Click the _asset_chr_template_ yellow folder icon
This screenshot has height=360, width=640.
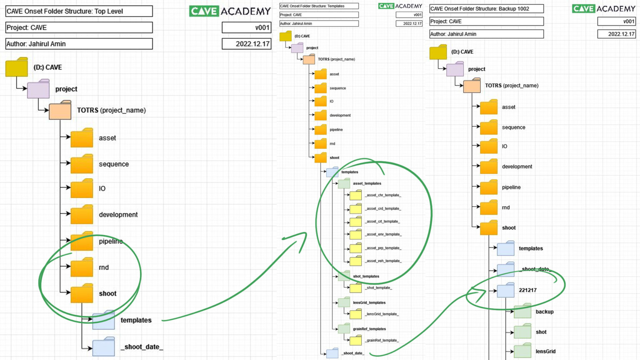click(x=355, y=195)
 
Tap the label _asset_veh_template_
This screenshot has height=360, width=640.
click(x=383, y=261)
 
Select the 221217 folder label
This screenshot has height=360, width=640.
click(x=527, y=290)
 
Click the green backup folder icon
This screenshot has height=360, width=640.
click(x=522, y=312)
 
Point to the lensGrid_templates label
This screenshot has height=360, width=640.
click(x=369, y=302)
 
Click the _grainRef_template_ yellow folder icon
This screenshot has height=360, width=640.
click(x=355, y=340)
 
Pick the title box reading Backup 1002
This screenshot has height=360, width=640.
click(x=486, y=9)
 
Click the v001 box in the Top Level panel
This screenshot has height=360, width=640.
click(x=246, y=27)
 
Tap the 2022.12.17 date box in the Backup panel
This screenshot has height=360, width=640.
click(x=616, y=34)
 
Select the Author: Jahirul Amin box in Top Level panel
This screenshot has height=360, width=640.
click(x=79, y=44)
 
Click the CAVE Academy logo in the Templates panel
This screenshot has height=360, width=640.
click(x=400, y=6)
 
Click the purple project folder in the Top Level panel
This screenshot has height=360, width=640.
click(x=38, y=89)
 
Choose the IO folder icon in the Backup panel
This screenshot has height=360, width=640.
click(x=489, y=147)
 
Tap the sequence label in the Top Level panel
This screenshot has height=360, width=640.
click(x=114, y=164)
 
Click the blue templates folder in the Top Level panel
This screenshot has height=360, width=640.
click(x=103, y=320)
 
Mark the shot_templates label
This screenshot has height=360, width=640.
click(x=366, y=276)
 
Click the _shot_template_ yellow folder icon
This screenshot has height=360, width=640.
click(x=355, y=287)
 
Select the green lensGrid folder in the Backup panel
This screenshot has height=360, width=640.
click(x=522, y=351)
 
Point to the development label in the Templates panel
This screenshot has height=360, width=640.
click(x=340, y=115)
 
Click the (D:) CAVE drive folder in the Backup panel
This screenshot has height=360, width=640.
click(x=438, y=52)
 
